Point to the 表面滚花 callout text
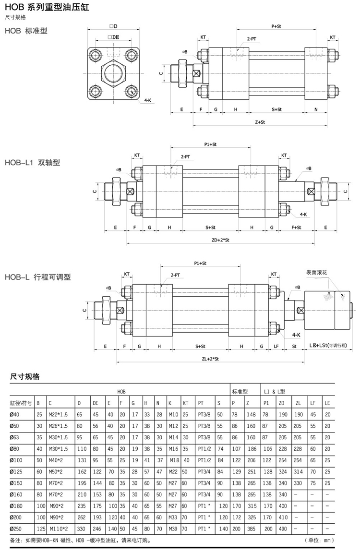(x=317, y=272)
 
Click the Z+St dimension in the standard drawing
(x=260, y=122)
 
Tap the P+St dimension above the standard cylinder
(x=276, y=26)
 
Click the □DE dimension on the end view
(x=113, y=37)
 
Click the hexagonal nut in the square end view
(x=114, y=73)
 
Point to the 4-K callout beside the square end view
(x=148, y=100)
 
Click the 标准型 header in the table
(x=239, y=392)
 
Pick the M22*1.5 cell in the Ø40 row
(x=59, y=414)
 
